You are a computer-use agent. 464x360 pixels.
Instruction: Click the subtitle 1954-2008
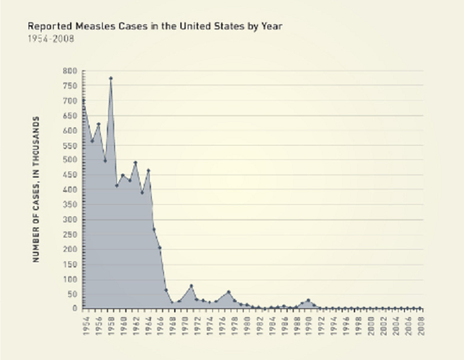pyautogui.click(x=51, y=38)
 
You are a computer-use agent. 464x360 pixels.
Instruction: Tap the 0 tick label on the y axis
pyautogui.click(x=74, y=308)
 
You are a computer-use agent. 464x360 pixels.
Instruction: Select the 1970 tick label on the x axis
pyautogui.click(x=185, y=324)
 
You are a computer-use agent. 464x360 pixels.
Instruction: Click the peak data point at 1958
pyautogui.click(x=110, y=78)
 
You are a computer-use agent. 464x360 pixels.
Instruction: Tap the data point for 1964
pyautogui.click(x=148, y=170)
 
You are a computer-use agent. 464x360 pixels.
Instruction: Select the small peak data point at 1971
pyautogui.click(x=191, y=285)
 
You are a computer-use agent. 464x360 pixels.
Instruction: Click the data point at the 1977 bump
pyautogui.click(x=229, y=292)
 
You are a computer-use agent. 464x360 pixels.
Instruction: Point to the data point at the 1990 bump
pyautogui.click(x=308, y=300)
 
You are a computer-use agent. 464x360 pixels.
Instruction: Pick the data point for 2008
pyautogui.click(x=420, y=308)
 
